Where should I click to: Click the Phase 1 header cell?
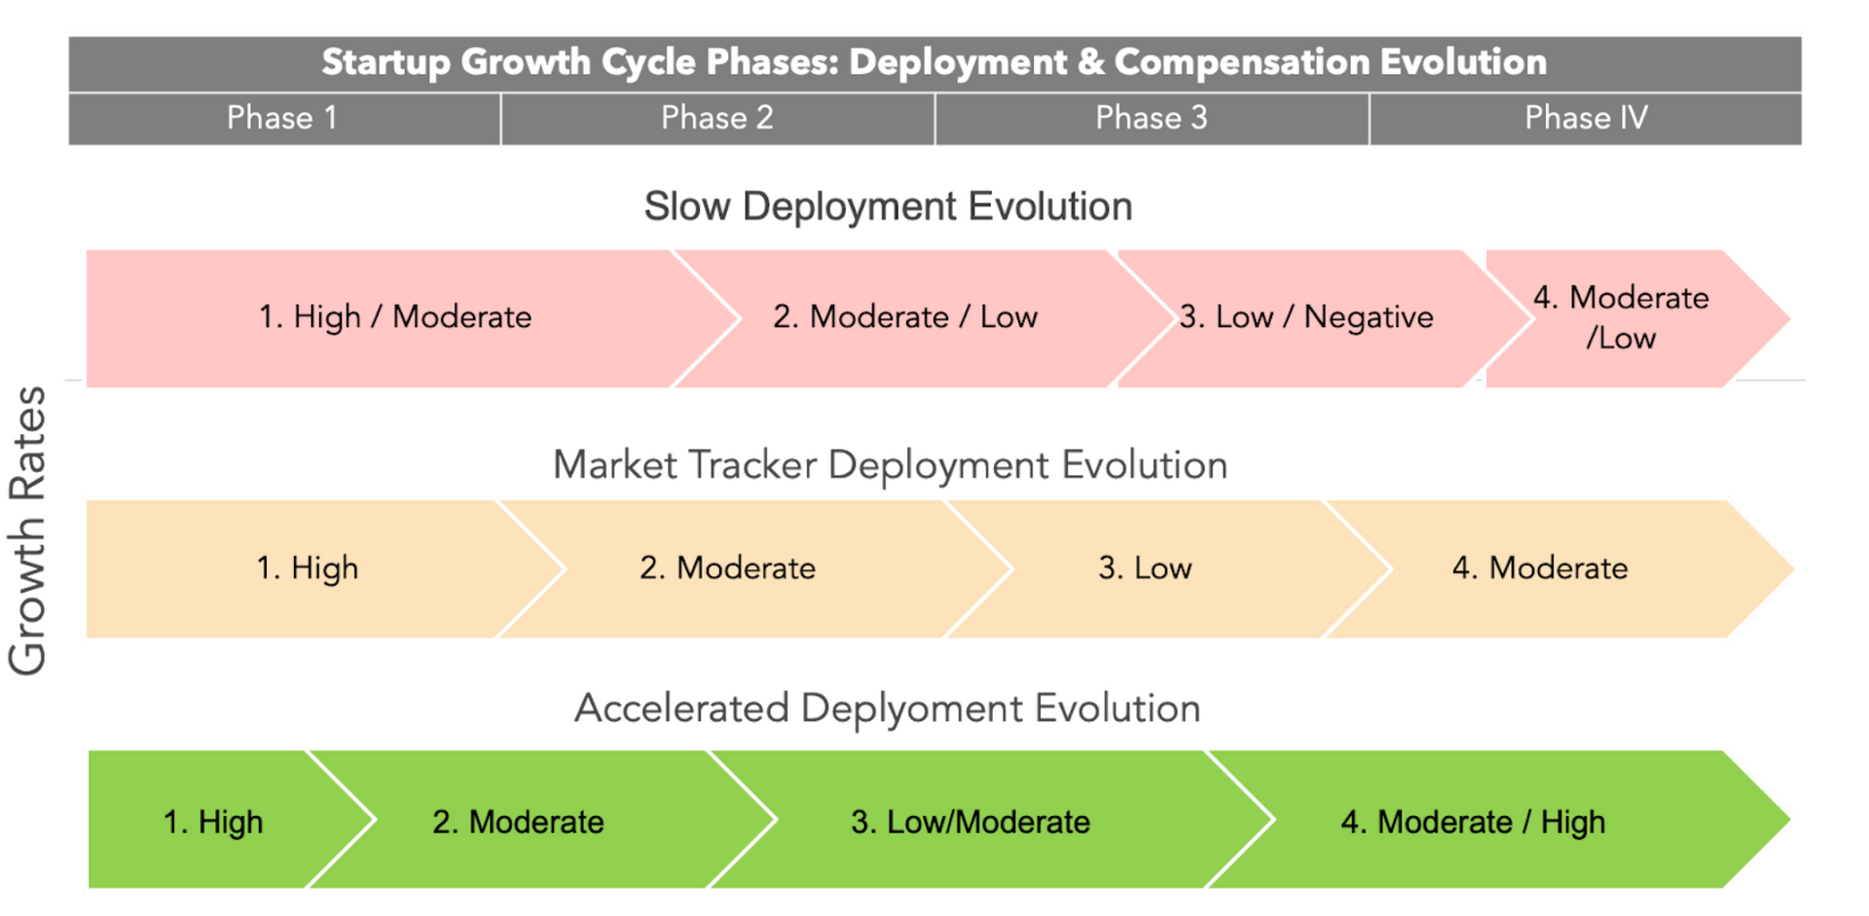282,119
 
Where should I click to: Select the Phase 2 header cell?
716,119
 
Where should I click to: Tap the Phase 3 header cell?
1151,119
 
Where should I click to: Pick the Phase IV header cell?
1585,119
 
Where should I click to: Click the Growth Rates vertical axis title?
27,531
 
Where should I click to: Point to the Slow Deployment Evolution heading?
888,207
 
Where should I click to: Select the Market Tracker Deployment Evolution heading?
890,465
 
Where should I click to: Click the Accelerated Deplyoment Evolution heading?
887,709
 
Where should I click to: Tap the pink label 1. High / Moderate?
394,317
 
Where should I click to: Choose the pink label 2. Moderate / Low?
904,317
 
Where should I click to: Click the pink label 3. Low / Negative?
1305,317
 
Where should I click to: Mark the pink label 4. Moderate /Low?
1621,317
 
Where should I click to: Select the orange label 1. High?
307,568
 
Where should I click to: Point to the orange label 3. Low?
1145,568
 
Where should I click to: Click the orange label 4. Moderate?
1540,568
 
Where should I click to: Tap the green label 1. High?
212,823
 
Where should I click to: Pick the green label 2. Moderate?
518,823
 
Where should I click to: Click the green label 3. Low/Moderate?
970,823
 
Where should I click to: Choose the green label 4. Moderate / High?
1472,823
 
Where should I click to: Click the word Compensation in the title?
1240,62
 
